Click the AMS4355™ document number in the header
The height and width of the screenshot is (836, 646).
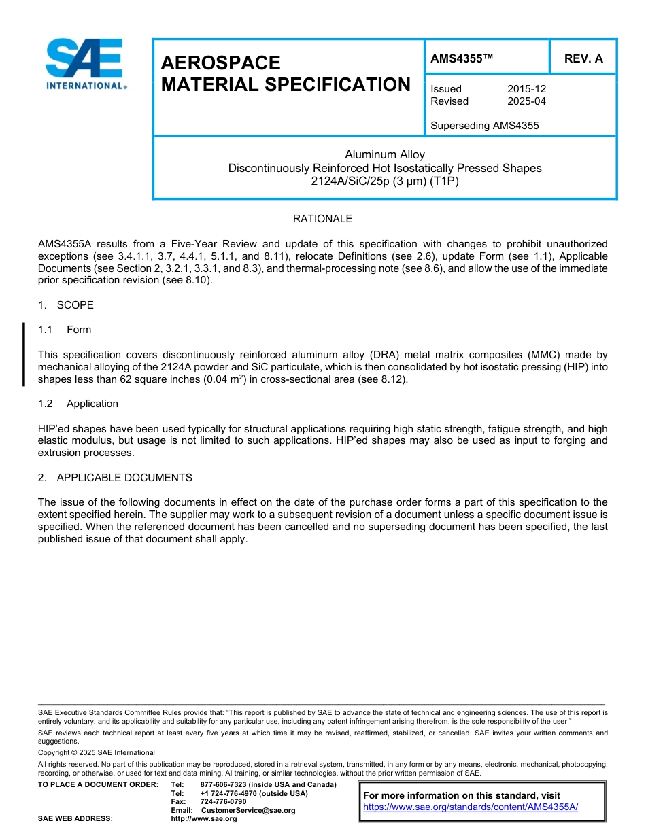click(x=462, y=58)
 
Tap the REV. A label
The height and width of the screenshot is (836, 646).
click(x=583, y=58)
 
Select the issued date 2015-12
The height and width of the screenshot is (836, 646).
click(x=526, y=89)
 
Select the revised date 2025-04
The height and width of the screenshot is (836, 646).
click(x=526, y=101)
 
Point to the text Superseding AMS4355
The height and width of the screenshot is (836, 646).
click(x=484, y=126)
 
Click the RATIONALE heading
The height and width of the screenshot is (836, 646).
click(x=322, y=219)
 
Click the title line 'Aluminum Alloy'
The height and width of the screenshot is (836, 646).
click(x=385, y=154)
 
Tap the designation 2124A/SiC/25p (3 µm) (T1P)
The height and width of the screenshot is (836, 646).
click(x=385, y=181)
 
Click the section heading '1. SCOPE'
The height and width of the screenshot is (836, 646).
click(x=66, y=305)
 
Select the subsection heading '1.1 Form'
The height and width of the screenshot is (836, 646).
click(x=65, y=330)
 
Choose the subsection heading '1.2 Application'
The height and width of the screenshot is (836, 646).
click(x=78, y=404)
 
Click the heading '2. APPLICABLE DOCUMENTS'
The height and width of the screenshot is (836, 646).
click(x=115, y=478)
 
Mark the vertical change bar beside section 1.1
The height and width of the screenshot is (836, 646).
click(x=24, y=354)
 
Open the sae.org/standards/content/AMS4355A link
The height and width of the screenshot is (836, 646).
click(x=471, y=807)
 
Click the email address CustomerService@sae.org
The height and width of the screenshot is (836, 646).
click(x=248, y=810)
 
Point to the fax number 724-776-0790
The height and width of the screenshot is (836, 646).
click(x=223, y=802)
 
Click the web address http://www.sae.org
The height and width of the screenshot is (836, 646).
click(x=204, y=818)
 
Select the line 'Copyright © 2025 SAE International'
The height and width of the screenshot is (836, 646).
click(x=97, y=752)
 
